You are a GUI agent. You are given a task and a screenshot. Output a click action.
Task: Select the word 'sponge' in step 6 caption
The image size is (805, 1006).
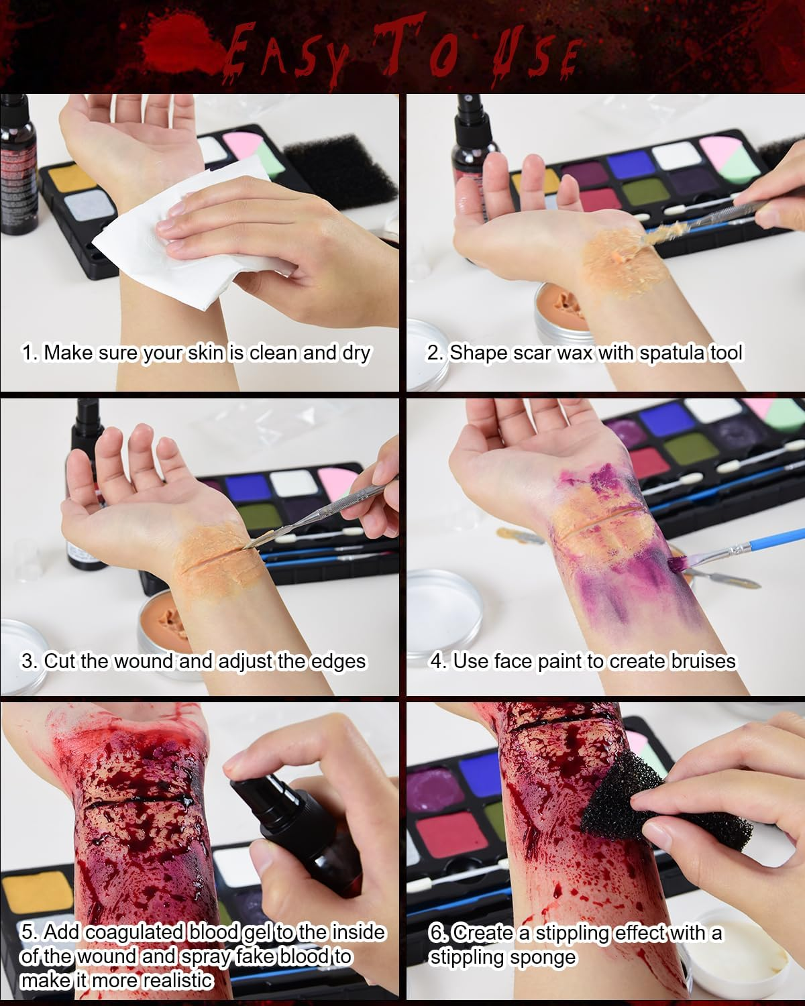pos(543,956)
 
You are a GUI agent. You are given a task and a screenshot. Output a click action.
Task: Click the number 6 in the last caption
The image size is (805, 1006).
pos(436,933)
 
